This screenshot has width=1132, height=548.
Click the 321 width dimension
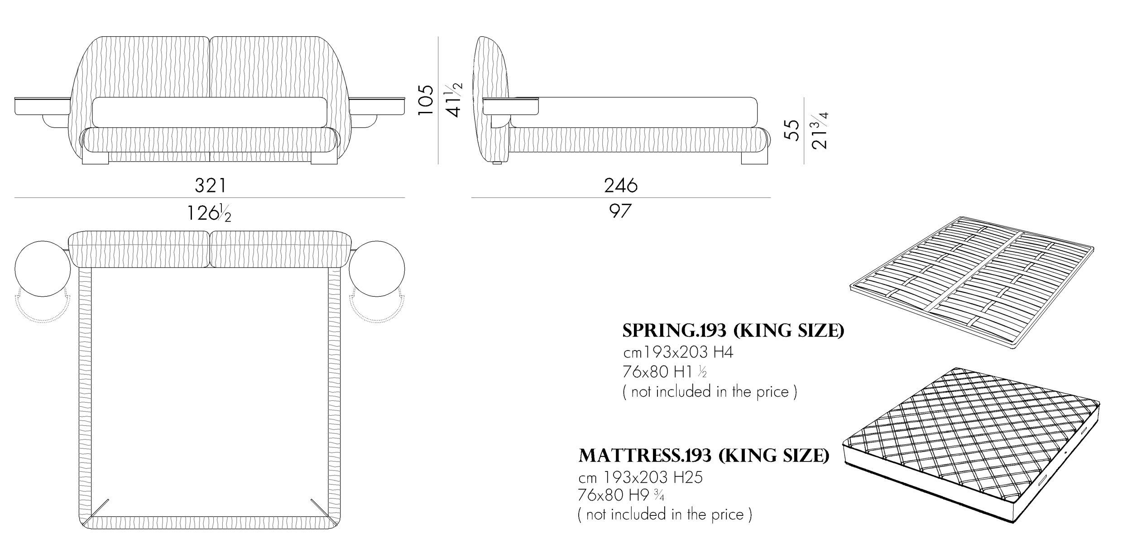210,185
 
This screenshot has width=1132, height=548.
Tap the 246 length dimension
621,185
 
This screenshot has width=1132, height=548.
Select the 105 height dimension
426,100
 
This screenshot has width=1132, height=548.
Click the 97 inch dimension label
620,211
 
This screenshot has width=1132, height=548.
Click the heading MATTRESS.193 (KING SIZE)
704,456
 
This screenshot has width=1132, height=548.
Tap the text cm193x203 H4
678,352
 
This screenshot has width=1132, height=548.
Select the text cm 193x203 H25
640,477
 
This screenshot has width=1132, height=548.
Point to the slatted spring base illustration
972,283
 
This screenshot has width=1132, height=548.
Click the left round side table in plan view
43,269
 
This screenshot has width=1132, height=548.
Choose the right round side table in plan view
377,269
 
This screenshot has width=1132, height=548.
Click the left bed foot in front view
96,158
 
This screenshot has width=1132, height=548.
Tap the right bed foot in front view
324,158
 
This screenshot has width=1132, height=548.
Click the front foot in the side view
755,158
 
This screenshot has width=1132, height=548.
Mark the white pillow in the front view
210,112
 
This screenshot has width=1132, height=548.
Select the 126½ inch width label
209,212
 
